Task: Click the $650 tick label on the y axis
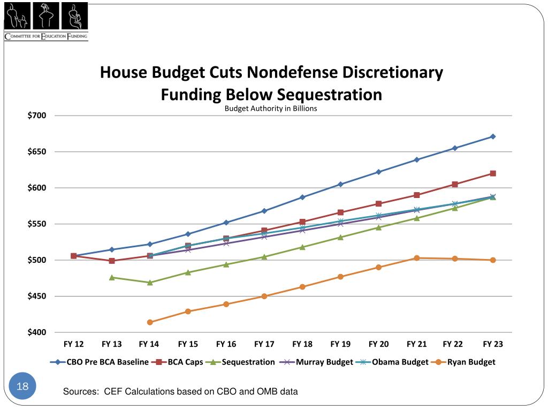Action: [x=37, y=152]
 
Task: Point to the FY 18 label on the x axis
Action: [x=302, y=344]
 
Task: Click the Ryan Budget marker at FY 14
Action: [x=150, y=322]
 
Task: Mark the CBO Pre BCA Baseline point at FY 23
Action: [x=493, y=136]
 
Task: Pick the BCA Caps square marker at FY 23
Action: [x=493, y=173]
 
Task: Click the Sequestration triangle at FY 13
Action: [x=112, y=277]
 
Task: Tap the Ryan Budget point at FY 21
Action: [x=417, y=258]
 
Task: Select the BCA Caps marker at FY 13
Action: [x=112, y=261]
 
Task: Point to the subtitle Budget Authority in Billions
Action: [x=271, y=109]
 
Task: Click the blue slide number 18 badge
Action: [x=22, y=386]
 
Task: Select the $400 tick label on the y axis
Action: [x=37, y=333]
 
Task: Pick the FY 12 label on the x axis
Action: [x=73, y=344]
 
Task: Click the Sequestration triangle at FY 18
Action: [x=302, y=247]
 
